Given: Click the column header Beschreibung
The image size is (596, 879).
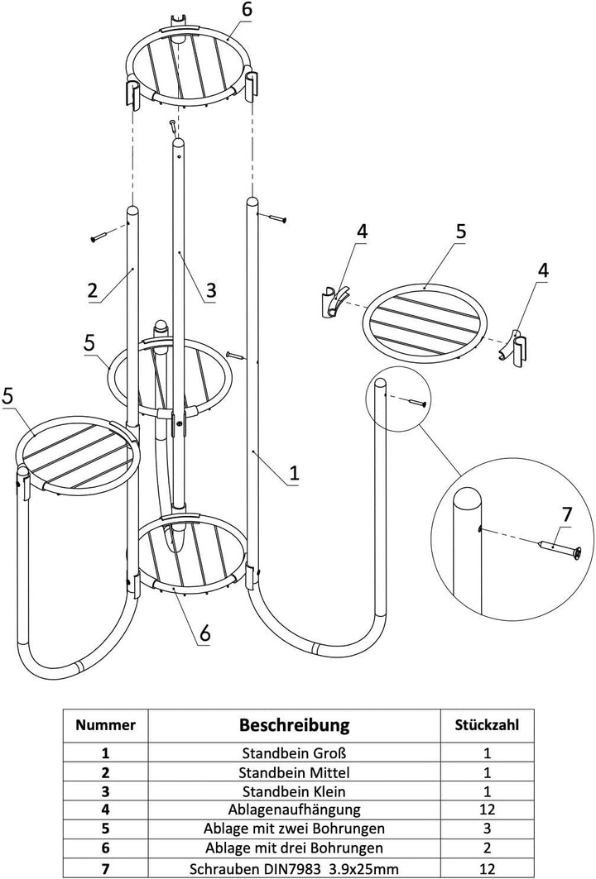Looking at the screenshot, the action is point(294,724).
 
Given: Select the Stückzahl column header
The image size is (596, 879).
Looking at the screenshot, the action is point(487,724).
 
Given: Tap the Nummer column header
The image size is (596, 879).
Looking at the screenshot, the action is point(105,725).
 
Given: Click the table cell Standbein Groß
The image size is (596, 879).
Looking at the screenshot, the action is point(294,752).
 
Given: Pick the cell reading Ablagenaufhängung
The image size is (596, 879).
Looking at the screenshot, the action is point(294,809).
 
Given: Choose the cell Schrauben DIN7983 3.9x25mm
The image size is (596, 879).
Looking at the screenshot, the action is point(294,869).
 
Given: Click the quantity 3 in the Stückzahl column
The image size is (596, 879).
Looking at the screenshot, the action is point(487,828).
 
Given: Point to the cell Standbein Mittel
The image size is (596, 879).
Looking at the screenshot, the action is point(294,772).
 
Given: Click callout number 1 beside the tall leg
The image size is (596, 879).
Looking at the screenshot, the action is point(294,473).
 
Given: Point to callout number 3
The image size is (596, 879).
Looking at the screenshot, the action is point(210,289).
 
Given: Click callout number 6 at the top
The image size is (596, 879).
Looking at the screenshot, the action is point(247,9).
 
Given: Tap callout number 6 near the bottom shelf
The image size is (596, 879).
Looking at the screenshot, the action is point(205,633).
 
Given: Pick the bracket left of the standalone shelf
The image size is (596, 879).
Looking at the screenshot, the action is point(334,302).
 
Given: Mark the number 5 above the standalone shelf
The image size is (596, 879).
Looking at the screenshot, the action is point(461,232).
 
